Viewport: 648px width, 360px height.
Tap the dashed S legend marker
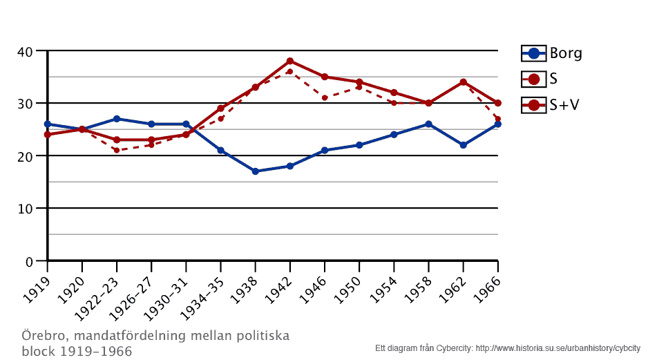533,79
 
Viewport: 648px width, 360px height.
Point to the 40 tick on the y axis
26,51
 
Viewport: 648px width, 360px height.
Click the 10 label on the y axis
26,209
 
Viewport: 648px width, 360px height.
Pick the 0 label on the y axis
30,261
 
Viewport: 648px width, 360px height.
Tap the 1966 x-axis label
488,282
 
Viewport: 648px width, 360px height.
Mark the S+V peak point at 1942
290,61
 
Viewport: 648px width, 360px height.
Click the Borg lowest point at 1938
255,171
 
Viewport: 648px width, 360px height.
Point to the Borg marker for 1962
463,145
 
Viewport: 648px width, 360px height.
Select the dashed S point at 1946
325,97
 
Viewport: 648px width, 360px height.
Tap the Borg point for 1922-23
117,119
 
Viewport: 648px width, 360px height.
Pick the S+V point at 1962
463,82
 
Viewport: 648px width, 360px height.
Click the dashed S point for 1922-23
117,150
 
